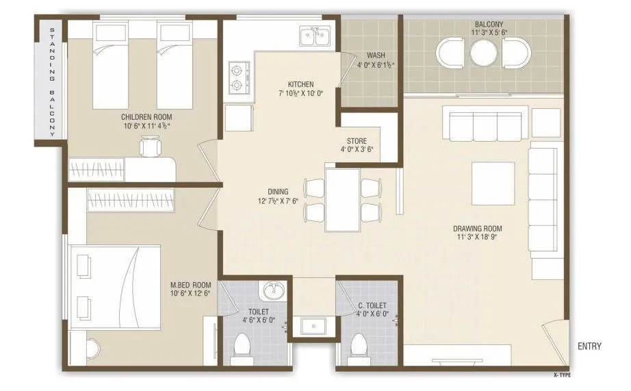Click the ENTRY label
pos(589,346)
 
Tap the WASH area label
pos(375,55)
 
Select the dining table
pos(342,200)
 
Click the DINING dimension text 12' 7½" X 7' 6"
pos(277,202)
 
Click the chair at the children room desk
pos(149,147)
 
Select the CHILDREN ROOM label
pos(146,116)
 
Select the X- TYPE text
pos(563,376)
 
